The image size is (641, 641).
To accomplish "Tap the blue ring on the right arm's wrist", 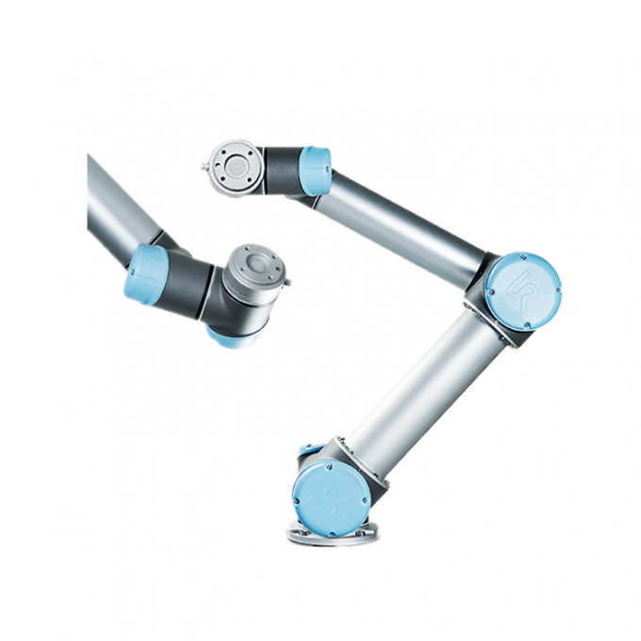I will [315, 171].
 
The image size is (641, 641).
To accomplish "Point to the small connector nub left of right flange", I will [205, 169].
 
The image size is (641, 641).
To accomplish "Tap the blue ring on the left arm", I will [147, 273].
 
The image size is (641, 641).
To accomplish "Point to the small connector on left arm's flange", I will [286, 280].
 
